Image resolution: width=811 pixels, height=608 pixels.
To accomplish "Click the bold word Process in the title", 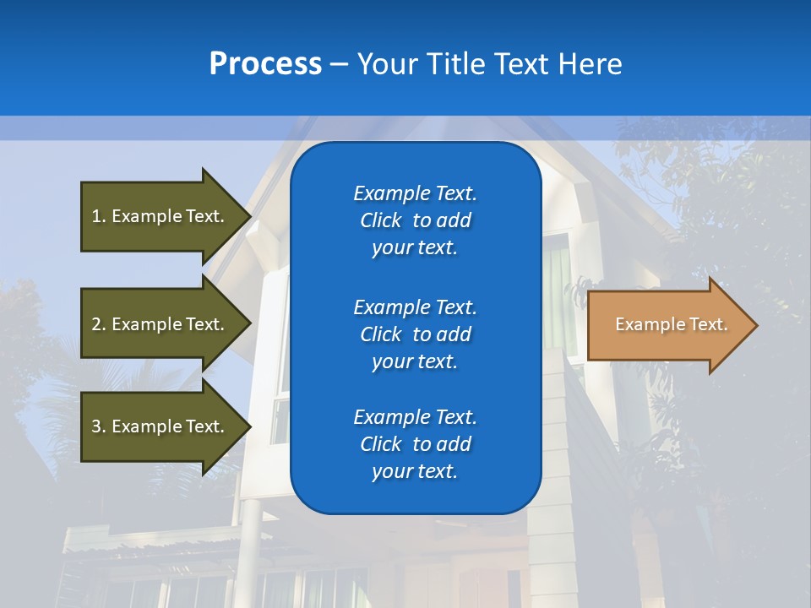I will pos(265,64).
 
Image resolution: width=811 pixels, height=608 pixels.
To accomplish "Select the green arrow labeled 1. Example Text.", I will pos(161,216).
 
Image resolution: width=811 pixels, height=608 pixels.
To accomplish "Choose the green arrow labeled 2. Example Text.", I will pos(161,324).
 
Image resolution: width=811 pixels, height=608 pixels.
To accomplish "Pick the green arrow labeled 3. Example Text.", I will pos(161,426).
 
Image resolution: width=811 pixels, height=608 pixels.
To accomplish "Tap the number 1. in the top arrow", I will pos(99,216).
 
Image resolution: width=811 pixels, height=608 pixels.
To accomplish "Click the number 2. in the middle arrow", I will pos(99,324).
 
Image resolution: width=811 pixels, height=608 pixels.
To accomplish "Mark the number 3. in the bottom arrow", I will pos(99,426).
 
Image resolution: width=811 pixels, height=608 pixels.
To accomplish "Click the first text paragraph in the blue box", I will pos(415,220).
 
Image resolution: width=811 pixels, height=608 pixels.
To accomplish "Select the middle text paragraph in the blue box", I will pos(415,334).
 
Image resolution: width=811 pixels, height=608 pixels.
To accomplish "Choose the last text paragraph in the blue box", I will pos(415,444).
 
